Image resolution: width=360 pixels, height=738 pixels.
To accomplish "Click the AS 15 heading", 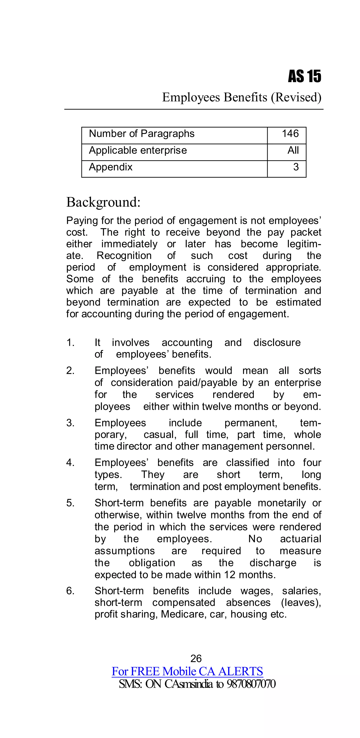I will tap(304, 76).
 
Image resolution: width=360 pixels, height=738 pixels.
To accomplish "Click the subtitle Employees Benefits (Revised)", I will tap(242, 97).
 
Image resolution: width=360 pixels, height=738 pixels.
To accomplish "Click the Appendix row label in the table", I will tap(111, 167).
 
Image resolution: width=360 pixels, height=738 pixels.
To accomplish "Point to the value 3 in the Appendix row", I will tap(296, 167).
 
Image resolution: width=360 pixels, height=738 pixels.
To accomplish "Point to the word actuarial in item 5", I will tap(300, 539).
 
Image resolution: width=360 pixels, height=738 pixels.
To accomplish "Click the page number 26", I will tap(196, 659).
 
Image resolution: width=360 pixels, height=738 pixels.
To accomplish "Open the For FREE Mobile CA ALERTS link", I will tap(187, 672).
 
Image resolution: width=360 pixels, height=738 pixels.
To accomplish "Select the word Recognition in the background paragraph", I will tap(124, 255).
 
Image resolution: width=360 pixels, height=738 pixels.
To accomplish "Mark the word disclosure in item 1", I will tap(277, 343).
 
